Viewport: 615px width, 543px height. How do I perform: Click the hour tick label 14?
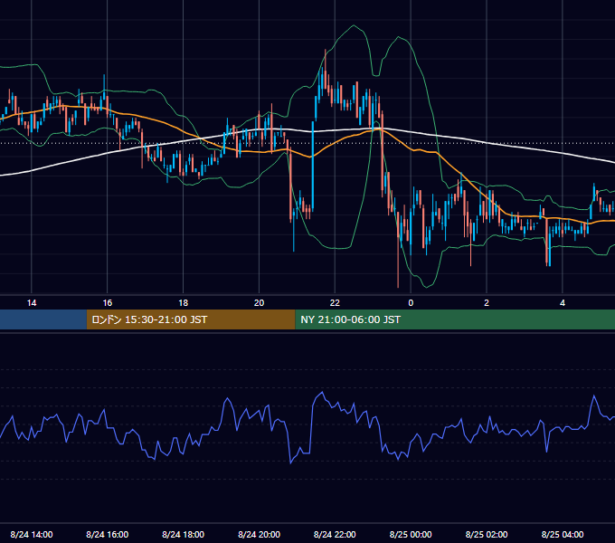[x=32, y=303]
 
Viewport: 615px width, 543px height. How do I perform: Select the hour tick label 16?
[x=107, y=303]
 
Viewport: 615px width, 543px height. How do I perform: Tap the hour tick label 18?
[x=184, y=303]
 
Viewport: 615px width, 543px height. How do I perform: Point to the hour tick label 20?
[x=259, y=303]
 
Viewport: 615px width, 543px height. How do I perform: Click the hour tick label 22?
[x=335, y=303]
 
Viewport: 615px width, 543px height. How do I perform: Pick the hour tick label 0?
[x=411, y=303]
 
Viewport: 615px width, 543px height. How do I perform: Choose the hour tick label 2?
[x=487, y=303]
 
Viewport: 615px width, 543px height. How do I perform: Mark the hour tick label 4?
[x=563, y=303]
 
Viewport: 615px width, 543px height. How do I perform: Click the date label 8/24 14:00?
[x=32, y=534]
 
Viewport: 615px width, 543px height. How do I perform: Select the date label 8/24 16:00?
[x=107, y=534]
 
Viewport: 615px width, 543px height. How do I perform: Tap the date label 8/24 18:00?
[x=184, y=534]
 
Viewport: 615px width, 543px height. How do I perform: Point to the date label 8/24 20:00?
[x=259, y=534]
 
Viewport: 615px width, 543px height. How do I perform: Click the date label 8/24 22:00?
[x=335, y=534]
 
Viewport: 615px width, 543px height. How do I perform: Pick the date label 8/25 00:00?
[x=411, y=534]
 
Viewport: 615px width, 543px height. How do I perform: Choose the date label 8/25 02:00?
[x=487, y=534]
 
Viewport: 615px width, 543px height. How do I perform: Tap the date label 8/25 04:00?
[x=563, y=534]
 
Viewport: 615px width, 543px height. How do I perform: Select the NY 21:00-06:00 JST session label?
[x=350, y=319]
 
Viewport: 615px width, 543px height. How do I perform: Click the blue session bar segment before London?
[x=43, y=319]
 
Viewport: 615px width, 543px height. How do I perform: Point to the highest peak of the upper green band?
[x=354, y=25]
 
